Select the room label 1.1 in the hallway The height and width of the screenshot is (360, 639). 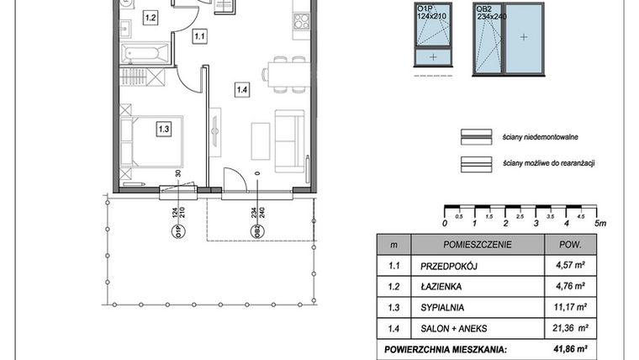coord(199,36)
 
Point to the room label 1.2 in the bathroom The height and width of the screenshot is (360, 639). coord(150,17)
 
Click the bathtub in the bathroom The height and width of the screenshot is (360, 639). coord(145,56)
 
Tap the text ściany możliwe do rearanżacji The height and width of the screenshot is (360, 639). coord(549,162)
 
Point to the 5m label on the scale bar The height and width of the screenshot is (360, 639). coord(599,223)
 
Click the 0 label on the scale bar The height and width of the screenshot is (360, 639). coord(444,223)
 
